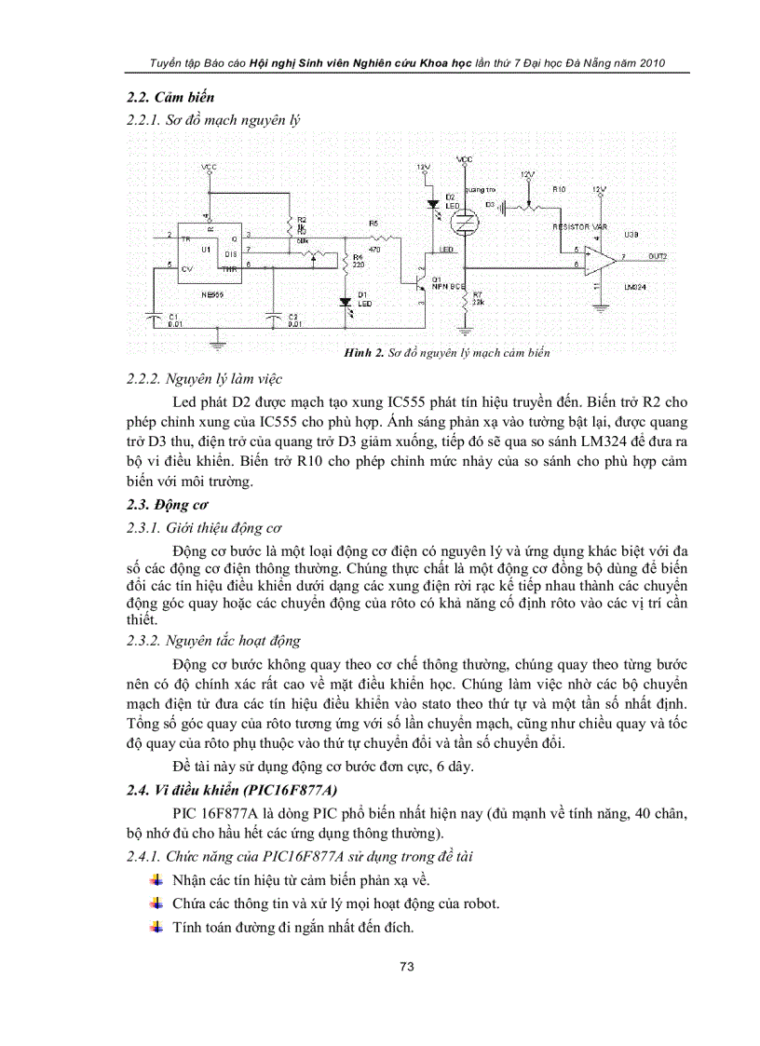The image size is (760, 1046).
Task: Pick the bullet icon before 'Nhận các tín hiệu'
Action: click(156, 879)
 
